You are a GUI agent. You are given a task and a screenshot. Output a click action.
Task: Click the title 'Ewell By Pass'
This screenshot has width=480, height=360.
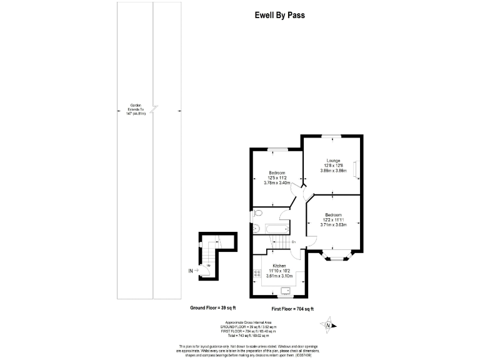[x=280, y=16]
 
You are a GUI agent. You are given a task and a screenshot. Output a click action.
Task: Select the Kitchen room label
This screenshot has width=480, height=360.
[x=279, y=265]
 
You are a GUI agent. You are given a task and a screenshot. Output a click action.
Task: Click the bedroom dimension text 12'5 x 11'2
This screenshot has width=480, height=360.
[x=277, y=178]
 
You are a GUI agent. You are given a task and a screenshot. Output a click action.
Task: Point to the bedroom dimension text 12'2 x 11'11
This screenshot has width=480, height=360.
[x=334, y=219]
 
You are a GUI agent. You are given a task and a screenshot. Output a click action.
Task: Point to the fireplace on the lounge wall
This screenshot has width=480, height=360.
[x=356, y=169]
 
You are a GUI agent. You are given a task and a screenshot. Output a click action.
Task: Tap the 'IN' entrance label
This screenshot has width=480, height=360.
[x=191, y=271]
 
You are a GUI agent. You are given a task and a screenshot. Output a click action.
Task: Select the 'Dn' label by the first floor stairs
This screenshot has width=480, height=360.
[x=293, y=242]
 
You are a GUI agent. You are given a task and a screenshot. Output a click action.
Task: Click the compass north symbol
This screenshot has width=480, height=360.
[x=327, y=324]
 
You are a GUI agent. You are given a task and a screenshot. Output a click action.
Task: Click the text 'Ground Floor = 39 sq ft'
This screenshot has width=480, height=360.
[x=214, y=308]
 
